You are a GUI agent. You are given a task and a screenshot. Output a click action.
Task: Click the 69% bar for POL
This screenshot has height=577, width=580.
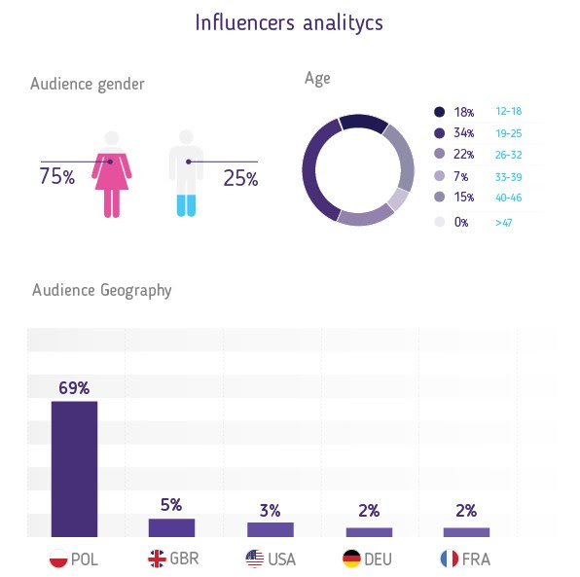tap(74, 469)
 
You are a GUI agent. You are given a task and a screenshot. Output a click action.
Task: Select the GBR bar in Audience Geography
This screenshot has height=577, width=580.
tap(171, 527)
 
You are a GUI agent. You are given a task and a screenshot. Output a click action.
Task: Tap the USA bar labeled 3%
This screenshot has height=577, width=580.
tap(271, 529)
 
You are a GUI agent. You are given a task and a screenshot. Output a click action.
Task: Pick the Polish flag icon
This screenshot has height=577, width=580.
tap(58, 559)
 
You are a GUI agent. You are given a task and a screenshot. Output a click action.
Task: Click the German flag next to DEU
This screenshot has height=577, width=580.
tap(351, 559)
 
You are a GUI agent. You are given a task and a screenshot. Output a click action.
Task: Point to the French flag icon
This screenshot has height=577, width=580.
tap(450, 559)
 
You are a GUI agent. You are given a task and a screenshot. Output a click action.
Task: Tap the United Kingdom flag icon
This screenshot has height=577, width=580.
tap(157, 559)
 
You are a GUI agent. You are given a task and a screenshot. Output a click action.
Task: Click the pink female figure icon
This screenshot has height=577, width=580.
tap(112, 174)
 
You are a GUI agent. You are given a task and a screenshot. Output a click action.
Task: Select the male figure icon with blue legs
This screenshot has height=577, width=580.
tap(186, 173)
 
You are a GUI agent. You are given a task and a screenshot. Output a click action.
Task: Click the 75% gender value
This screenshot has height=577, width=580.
tap(57, 176)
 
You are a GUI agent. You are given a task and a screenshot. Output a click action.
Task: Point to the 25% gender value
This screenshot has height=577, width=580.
tap(240, 178)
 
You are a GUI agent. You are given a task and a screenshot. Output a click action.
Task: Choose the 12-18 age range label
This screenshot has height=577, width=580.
tap(509, 111)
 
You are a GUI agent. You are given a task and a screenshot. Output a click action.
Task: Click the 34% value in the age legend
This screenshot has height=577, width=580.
tap(464, 132)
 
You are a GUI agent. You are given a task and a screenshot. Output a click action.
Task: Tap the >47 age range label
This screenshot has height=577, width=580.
tap(504, 223)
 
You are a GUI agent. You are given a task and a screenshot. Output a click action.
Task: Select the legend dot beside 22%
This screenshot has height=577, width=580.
tap(440, 154)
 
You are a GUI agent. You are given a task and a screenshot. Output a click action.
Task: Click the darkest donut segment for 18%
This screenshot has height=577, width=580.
tap(363, 122)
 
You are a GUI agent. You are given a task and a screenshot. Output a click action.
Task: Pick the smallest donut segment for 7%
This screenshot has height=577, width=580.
tap(398, 199)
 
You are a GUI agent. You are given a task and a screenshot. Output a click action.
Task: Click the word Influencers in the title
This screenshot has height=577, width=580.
tap(245, 22)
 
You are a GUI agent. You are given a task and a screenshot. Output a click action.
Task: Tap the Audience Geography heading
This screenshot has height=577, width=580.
tap(102, 290)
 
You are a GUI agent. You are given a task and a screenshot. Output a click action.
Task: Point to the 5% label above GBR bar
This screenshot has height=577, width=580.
tap(171, 505)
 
